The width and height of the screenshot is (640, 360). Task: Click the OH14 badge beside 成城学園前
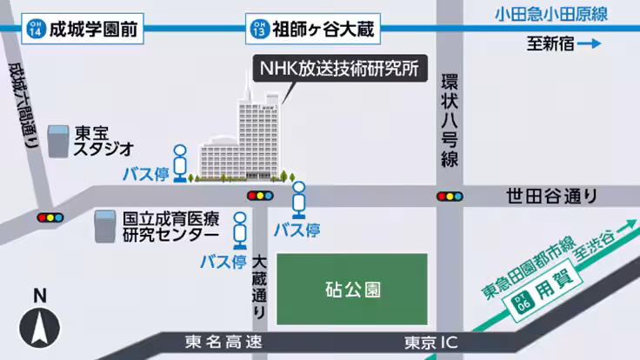tap(34, 30)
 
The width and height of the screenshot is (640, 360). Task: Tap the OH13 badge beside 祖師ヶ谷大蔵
tap(258, 30)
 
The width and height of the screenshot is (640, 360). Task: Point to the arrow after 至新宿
tap(590, 44)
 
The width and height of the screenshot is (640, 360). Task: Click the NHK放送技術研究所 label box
tap(339, 68)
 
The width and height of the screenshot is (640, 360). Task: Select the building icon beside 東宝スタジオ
tap(58, 142)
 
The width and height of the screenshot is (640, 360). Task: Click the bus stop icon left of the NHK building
tap(180, 162)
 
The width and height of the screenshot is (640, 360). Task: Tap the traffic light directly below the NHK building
tap(260, 196)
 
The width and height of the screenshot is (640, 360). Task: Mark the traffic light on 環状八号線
tap(450, 196)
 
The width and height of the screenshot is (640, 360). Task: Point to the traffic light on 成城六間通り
tap(50, 216)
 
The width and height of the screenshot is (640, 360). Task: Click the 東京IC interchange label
tap(431, 342)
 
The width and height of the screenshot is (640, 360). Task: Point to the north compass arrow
tap(39, 328)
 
